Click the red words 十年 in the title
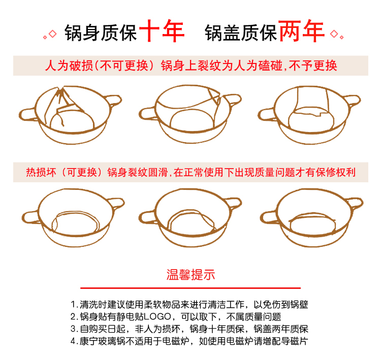point(162,31)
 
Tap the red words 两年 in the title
point(302,31)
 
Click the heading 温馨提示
point(190,275)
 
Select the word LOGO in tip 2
point(157,316)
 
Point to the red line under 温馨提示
point(190,288)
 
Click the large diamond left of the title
point(52,34)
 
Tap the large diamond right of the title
point(334,34)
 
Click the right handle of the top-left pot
point(114,100)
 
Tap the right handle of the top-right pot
point(353,100)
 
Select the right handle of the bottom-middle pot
point(234,203)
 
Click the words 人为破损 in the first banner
point(69,66)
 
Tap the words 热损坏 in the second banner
point(41,172)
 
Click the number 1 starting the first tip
point(73,304)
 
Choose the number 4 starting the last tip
point(73,341)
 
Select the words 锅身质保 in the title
point(101,33)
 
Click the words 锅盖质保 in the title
point(241,33)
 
